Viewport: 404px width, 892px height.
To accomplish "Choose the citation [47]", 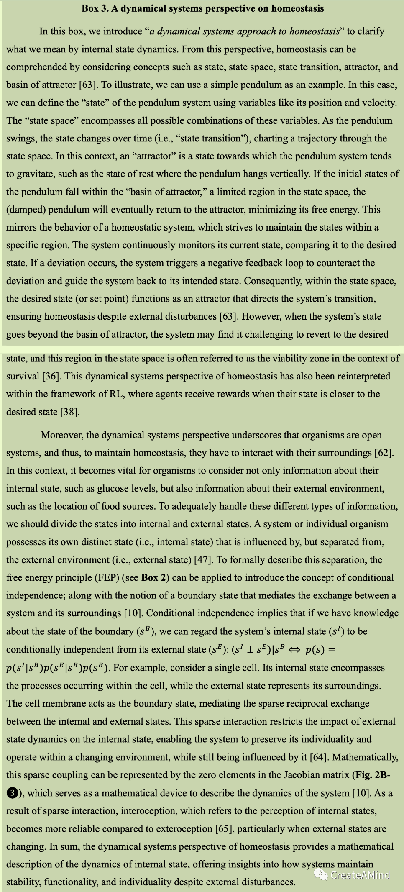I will click(x=203, y=560).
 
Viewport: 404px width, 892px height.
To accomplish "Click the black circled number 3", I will click(x=13, y=793).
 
